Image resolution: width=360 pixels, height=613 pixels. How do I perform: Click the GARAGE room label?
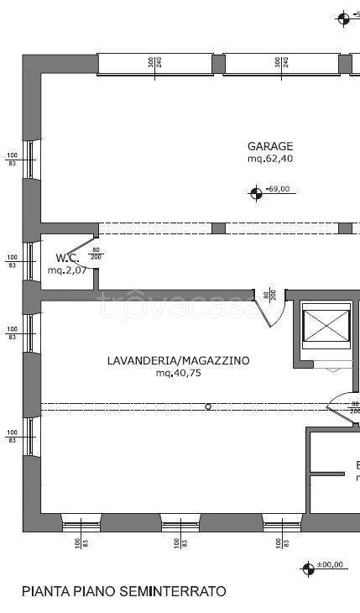coord(269,145)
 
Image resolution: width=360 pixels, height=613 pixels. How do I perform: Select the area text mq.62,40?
coord(269,158)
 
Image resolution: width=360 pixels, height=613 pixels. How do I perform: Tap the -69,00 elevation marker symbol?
coord(256,193)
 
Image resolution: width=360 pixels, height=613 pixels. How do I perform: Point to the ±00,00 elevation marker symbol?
coord(308,568)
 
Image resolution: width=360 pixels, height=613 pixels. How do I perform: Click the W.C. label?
coord(68,257)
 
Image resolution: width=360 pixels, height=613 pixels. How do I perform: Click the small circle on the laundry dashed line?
coord(209,407)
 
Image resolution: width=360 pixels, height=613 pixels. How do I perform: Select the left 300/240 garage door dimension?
coord(154,63)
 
